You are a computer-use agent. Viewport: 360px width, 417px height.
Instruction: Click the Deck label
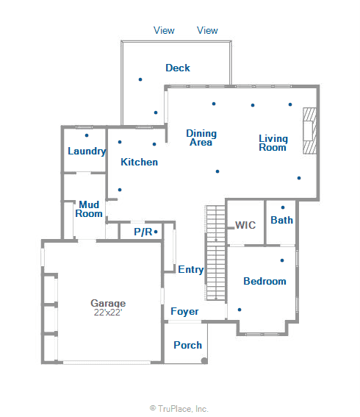178,68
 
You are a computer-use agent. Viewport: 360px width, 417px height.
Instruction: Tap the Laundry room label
87,151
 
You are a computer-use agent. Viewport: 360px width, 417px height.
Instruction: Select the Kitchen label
140,162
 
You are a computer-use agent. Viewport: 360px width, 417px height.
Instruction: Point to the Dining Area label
201,138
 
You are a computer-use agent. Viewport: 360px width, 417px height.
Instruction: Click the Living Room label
273,143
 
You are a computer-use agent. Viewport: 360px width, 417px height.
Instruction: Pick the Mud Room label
90,209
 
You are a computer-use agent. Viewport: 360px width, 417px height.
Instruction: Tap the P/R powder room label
143,232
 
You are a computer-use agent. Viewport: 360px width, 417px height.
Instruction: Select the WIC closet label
245,225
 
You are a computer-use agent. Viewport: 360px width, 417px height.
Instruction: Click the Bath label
282,220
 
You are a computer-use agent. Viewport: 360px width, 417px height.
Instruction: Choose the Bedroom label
264,281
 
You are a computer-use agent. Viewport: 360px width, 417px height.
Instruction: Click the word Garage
108,303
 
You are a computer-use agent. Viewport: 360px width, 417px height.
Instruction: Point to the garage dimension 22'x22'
108,313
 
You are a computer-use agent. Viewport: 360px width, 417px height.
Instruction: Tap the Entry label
191,270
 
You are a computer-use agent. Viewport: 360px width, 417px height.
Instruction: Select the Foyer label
184,311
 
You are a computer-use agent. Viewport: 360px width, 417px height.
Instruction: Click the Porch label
187,345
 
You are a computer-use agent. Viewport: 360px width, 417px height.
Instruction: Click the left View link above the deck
164,30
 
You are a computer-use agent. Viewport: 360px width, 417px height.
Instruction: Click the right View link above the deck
208,30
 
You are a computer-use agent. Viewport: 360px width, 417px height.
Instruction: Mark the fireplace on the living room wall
312,131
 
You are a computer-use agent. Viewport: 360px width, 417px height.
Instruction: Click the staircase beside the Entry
215,252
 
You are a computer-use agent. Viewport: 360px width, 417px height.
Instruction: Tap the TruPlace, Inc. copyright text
179,408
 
